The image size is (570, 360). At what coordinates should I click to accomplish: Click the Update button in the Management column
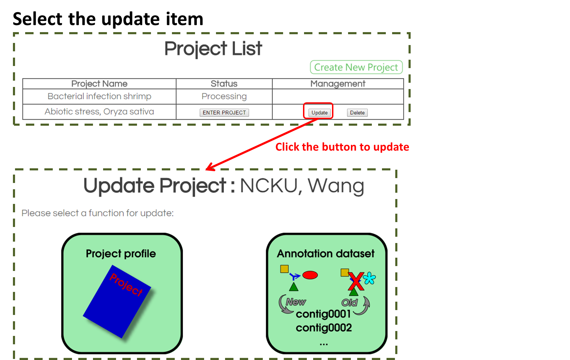(x=319, y=113)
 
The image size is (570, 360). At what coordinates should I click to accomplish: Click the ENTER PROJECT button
(x=224, y=113)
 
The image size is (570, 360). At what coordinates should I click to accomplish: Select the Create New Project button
(x=356, y=67)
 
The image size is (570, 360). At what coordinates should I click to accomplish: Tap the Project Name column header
(x=99, y=84)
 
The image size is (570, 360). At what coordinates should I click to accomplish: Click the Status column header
(x=224, y=84)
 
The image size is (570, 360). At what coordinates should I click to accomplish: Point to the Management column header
(x=338, y=84)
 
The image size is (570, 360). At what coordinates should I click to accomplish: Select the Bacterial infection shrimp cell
(x=99, y=96)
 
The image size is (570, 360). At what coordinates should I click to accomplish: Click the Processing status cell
(x=224, y=96)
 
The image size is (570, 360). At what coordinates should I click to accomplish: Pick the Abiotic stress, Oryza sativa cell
(x=99, y=112)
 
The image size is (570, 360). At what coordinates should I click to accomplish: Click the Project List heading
(x=213, y=49)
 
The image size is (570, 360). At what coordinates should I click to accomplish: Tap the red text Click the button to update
(x=342, y=147)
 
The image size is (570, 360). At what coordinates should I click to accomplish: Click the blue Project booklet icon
(x=117, y=302)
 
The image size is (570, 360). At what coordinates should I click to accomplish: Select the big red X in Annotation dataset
(x=356, y=281)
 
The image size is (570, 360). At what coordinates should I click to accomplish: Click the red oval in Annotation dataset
(x=310, y=275)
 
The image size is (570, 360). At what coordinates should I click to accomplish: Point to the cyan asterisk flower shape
(x=369, y=278)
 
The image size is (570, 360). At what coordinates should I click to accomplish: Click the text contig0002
(x=324, y=328)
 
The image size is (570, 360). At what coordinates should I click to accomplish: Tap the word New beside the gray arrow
(x=296, y=302)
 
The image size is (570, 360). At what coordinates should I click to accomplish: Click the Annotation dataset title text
(x=326, y=254)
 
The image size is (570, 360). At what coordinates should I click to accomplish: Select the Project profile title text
(x=121, y=254)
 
